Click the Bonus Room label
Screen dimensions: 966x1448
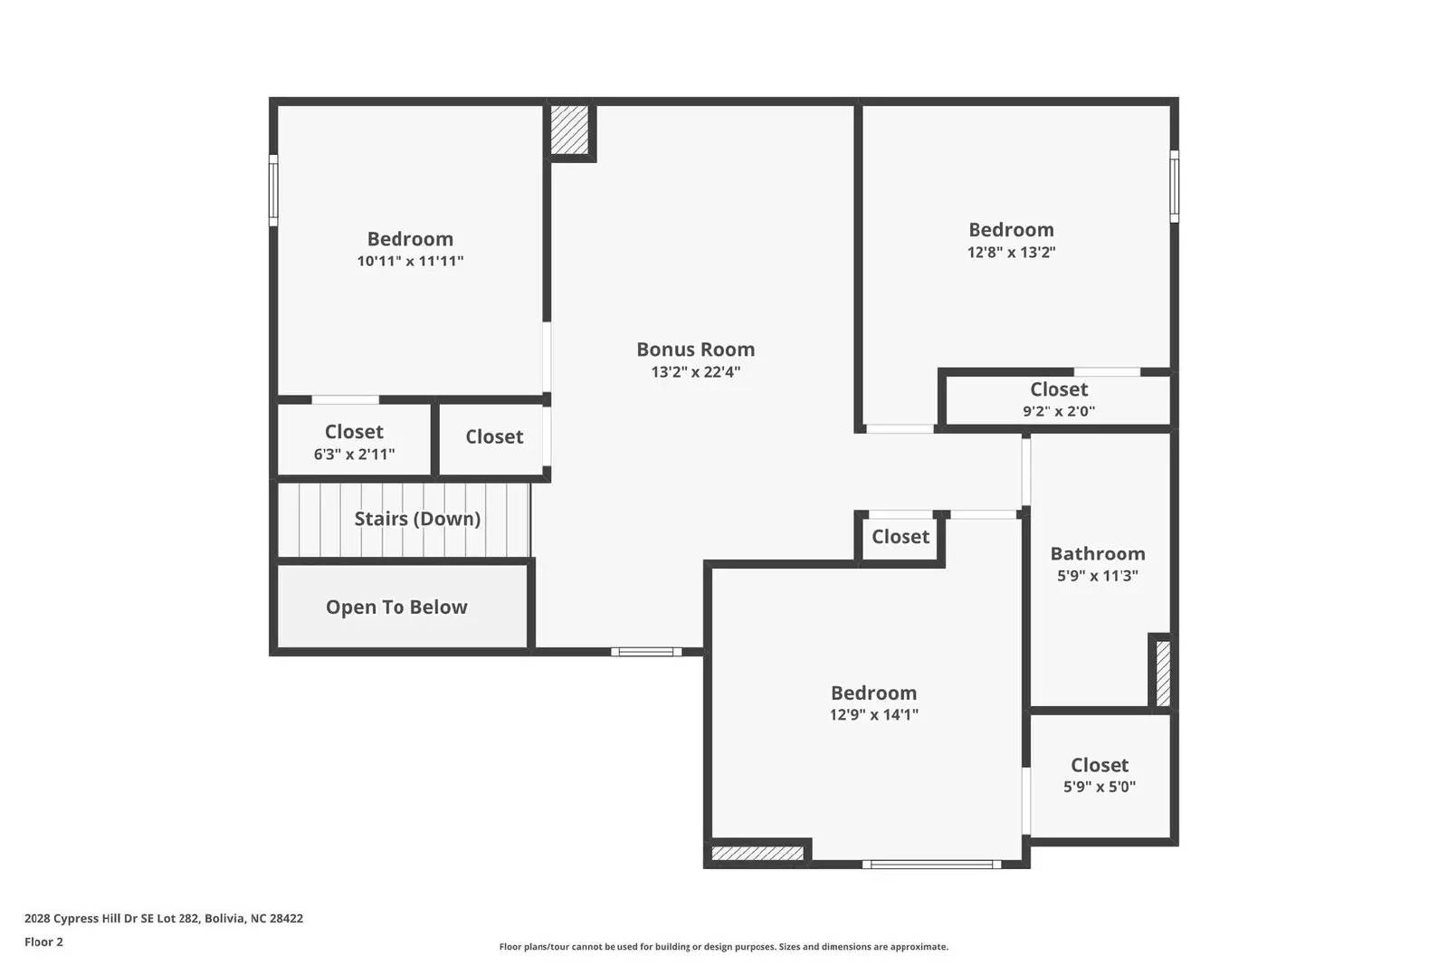[695, 349]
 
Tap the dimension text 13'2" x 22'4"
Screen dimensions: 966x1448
[695, 372]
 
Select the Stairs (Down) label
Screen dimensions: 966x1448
[417, 519]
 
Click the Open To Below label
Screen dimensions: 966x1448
[396, 607]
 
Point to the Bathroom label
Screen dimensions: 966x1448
[1097, 554]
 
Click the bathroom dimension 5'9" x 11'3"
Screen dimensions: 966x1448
[1097, 576]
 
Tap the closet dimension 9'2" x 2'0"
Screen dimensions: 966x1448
[1058, 411]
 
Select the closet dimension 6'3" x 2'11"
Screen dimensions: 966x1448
[354, 454]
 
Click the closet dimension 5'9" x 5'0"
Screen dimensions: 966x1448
[1099, 788]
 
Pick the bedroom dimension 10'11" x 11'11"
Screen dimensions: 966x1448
[410, 262]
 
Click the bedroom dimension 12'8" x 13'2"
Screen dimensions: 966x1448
[1011, 253]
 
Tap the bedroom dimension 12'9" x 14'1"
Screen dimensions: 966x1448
[873, 715]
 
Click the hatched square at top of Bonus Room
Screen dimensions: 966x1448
[570, 130]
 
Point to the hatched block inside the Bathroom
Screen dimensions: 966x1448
[1163, 673]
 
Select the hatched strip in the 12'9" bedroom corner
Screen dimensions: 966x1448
[757, 853]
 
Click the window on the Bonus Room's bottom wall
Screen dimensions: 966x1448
[646, 652]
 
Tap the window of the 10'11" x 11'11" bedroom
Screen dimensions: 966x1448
[273, 190]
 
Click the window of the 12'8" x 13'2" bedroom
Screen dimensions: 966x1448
[1174, 187]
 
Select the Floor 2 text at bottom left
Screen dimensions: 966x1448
[43, 942]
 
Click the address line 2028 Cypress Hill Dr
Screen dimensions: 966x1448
[163, 919]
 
